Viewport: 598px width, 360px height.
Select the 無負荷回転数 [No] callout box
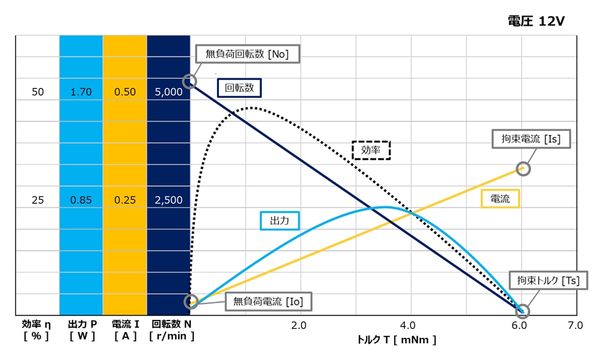[x=247, y=54]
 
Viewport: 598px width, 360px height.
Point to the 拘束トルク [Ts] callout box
[x=544, y=280]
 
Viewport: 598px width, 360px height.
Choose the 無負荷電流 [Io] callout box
[x=268, y=302]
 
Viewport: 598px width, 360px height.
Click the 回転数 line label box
[x=239, y=87]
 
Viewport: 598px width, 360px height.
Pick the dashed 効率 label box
[x=371, y=150]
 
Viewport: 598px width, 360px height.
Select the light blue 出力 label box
[x=280, y=221]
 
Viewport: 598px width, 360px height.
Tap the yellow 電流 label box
[x=500, y=199]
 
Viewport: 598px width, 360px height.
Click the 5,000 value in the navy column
[x=169, y=92]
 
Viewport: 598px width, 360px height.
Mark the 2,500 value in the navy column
[x=169, y=200]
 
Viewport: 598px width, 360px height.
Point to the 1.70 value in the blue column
[x=81, y=92]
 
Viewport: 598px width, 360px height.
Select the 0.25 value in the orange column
[x=125, y=200]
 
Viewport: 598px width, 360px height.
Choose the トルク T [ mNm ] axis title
[x=396, y=340]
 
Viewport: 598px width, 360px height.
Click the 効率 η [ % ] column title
[x=36, y=330]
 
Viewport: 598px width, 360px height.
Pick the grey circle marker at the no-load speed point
[x=190, y=81]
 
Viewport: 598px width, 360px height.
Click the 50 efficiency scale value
[x=38, y=92]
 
